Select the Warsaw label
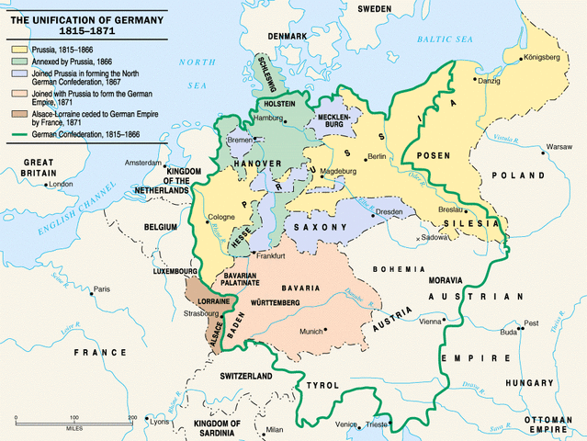point(559,146)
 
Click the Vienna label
point(430,322)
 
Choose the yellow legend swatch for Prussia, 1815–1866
point(18,46)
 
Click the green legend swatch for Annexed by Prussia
point(18,60)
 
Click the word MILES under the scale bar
point(75,427)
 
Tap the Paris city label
point(101,289)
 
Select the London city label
point(61,184)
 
